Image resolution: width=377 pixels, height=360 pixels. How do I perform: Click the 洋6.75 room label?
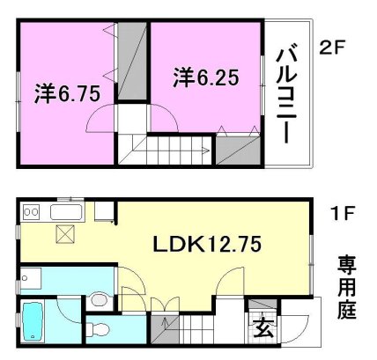pyautogui.click(x=67, y=93)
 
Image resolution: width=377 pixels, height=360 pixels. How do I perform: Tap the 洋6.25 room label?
pyautogui.click(x=206, y=77)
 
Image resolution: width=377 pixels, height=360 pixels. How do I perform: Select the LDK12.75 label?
pyautogui.click(x=207, y=244)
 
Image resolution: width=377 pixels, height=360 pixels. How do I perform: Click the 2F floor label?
pyautogui.click(x=331, y=48)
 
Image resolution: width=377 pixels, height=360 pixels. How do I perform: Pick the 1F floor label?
pyautogui.click(x=343, y=213)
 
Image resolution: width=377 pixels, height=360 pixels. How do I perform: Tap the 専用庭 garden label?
pyautogui.click(x=347, y=287)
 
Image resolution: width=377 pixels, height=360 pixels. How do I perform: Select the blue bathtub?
pyautogui.click(x=33, y=320)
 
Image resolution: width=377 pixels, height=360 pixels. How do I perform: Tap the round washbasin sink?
pyautogui.click(x=99, y=300)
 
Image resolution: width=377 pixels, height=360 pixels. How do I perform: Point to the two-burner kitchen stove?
pyautogui.click(x=31, y=212)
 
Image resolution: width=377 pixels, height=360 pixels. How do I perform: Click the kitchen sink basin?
pyautogui.click(x=66, y=212)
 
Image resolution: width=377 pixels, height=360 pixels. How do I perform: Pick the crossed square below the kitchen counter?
pyautogui.click(x=65, y=234)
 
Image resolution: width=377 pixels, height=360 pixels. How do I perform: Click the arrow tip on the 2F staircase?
pyautogui.click(x=210, y=151)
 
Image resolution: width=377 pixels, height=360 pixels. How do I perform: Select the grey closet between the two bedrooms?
pyautogui.click(x=132, y=61)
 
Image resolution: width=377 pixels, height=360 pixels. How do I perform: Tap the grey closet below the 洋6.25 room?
pyautogui.click(x=238, y=150)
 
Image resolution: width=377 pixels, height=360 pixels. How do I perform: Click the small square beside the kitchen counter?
pyautogui.click(x=104, y=211)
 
